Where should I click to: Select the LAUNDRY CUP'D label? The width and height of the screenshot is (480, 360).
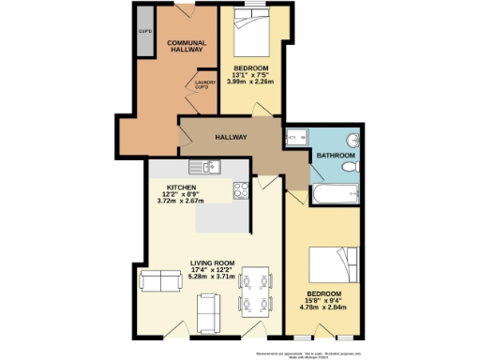[205, 83]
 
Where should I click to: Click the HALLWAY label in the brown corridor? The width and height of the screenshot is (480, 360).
[231, 138]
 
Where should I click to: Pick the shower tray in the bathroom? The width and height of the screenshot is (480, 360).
[297, 138]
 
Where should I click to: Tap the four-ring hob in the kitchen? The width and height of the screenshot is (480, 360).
[240, 190]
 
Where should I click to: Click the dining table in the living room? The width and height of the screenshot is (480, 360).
[254, 291]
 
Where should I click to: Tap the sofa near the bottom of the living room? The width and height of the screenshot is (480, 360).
[208, 307]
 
